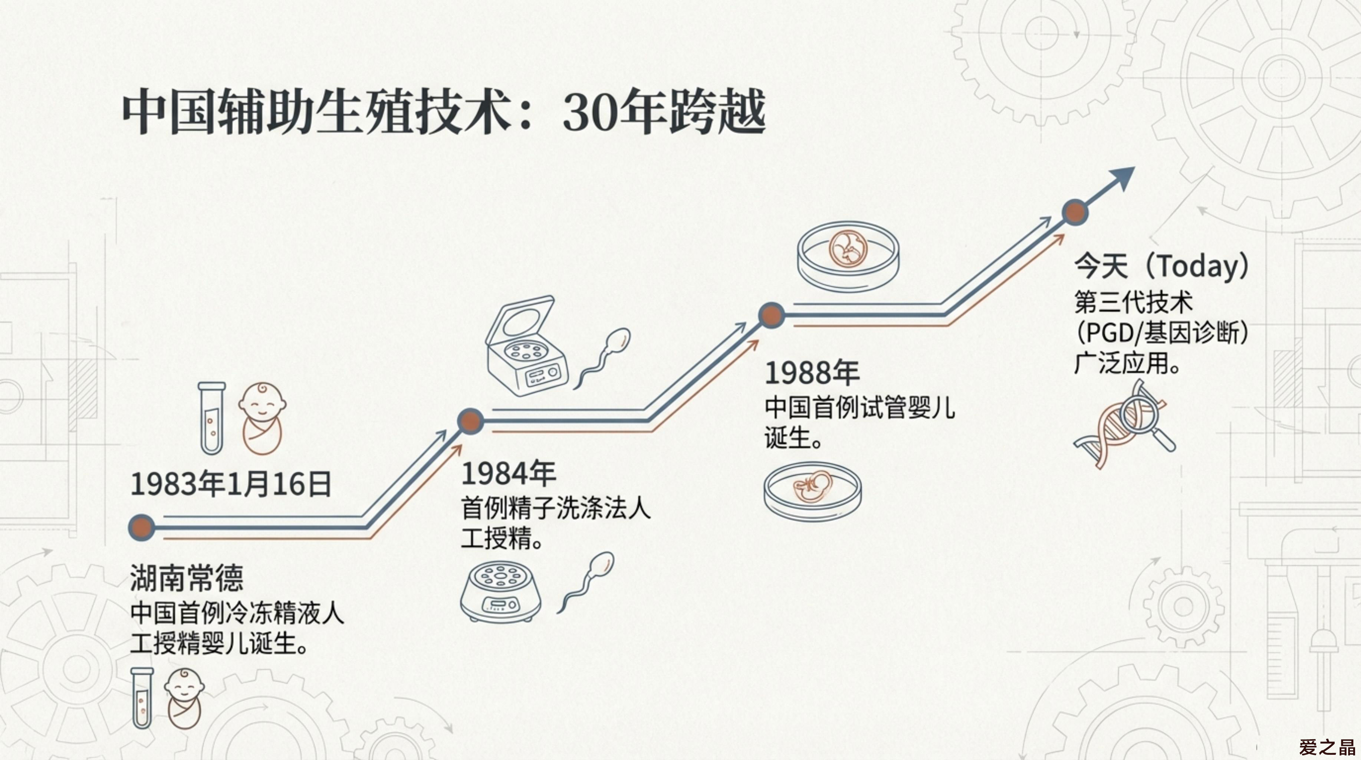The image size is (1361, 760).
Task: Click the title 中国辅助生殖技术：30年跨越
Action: click(x=444, y=112)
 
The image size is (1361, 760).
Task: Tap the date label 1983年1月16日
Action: click(x=231, y=484)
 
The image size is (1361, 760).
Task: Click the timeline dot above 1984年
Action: click(x=470, y=421)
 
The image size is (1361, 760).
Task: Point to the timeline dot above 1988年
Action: click(x=771, y=315)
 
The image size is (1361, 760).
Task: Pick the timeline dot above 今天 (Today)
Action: click(x=1075, y=213)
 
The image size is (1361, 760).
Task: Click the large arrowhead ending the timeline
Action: click(x=1120, y=180)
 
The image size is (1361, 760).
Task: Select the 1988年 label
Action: click(x=812, y=373)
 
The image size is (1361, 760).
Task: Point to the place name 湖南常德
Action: click(x=187, y=578)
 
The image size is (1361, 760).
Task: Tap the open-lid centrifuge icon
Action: click(x=526, y=346)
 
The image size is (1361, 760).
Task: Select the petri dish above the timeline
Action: click(x=848, y=256)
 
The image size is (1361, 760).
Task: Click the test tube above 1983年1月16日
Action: click(x=211, y=418)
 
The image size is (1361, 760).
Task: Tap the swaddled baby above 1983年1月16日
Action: click(x=262, y=418)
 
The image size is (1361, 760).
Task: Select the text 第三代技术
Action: click(x=1133, y=303)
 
